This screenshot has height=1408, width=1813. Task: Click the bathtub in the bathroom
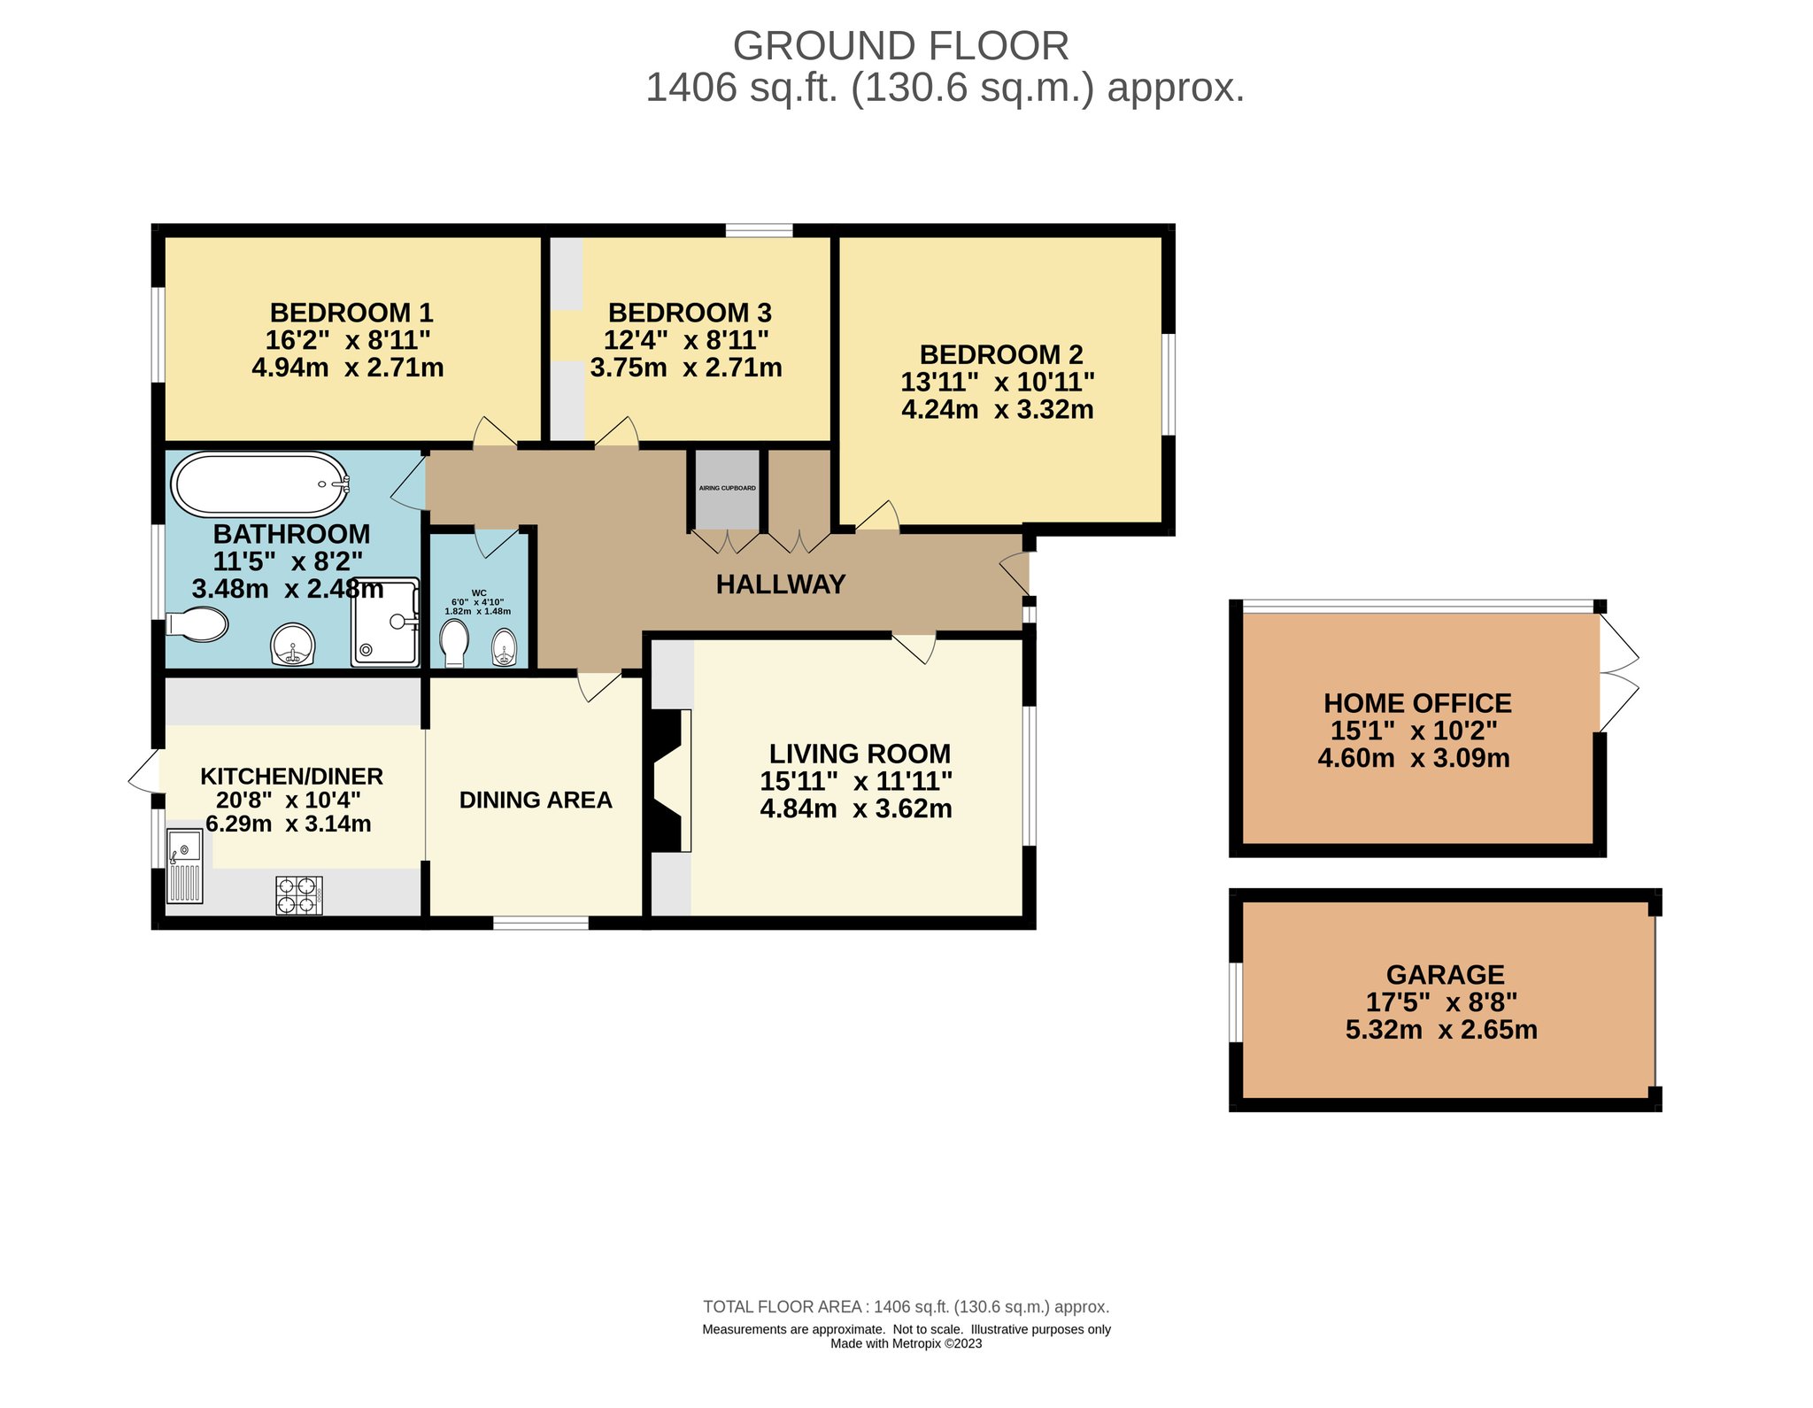[x=259, y=484]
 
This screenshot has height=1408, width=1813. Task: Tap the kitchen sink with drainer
[x=185, y=866]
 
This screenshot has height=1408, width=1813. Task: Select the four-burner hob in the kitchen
[x=299, y=894]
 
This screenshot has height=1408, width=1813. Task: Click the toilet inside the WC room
[x=454, y=642]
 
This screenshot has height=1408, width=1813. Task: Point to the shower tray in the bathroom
[x=385, y=622]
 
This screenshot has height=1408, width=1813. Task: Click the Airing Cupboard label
[x=728, y=488]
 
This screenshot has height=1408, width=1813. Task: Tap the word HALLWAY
[x=781, y=584]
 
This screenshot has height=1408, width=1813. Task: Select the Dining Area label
[x=536, y=800]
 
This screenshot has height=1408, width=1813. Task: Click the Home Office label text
[x=1417, y=703]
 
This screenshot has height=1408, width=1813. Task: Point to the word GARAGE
[x=1445, y=975]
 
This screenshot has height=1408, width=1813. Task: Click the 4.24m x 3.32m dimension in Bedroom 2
[x=998, y=409]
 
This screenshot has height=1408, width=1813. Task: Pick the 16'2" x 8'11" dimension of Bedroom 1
[x=348, y=340]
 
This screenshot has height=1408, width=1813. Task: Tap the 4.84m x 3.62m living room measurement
[x=856, y=808]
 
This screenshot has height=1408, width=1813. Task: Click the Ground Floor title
[x=901, y=46]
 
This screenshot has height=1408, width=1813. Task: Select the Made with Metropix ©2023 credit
[x=906, y=1343]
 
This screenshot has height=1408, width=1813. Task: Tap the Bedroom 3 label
[x=690, y=313]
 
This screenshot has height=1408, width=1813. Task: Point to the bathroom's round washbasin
[x=292, y=645]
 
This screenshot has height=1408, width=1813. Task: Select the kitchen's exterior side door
[x=144, y=772]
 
